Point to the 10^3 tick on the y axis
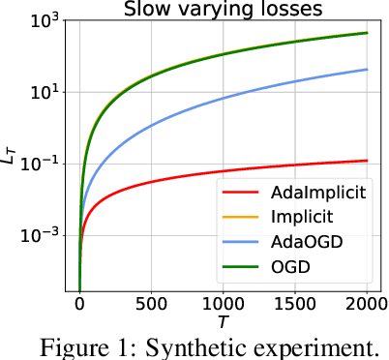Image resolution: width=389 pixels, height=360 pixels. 43,20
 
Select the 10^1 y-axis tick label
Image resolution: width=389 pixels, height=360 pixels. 43,92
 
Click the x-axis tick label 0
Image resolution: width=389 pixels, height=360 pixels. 79,305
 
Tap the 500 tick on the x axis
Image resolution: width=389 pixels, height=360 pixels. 151,305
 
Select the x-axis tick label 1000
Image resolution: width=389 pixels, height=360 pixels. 223,305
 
